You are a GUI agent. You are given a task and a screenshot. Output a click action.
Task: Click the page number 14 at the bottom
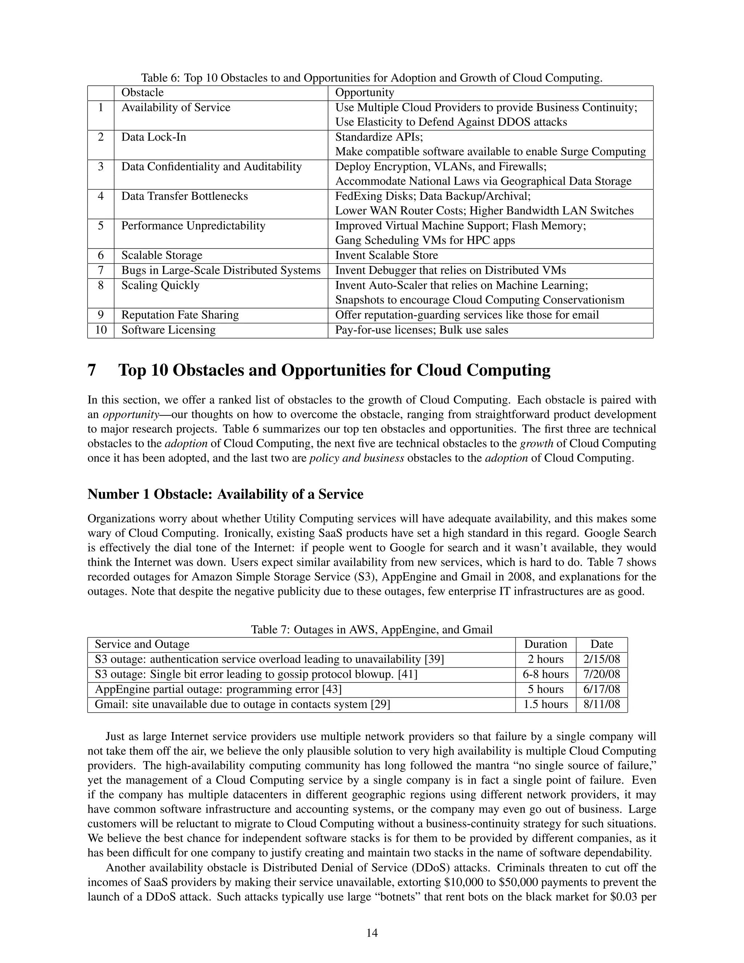372,932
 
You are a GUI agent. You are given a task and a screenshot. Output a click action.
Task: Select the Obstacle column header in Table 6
142,93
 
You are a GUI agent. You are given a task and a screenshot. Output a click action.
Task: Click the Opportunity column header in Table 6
364,93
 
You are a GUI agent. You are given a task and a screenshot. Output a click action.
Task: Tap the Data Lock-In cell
153,137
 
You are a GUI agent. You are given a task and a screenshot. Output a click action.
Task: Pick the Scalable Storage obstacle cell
161,255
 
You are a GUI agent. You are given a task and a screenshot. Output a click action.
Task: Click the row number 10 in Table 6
101,330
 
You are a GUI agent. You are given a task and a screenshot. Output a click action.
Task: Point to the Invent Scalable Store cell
386,255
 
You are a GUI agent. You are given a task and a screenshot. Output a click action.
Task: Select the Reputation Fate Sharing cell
180,315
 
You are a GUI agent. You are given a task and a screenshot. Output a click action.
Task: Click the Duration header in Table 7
545,644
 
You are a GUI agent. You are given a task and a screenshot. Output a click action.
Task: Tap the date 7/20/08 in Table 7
602,674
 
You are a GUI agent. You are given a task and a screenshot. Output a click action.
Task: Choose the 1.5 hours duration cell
545,704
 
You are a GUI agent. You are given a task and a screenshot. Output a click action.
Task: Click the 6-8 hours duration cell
545,674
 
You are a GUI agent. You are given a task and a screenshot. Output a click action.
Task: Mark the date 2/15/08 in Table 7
602,659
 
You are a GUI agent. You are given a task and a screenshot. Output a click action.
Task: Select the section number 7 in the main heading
92,370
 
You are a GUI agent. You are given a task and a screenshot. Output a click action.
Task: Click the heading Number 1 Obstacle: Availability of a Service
225,494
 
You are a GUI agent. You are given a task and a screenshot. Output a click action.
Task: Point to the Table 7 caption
372,630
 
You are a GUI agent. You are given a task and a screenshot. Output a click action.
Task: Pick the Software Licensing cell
168,330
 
